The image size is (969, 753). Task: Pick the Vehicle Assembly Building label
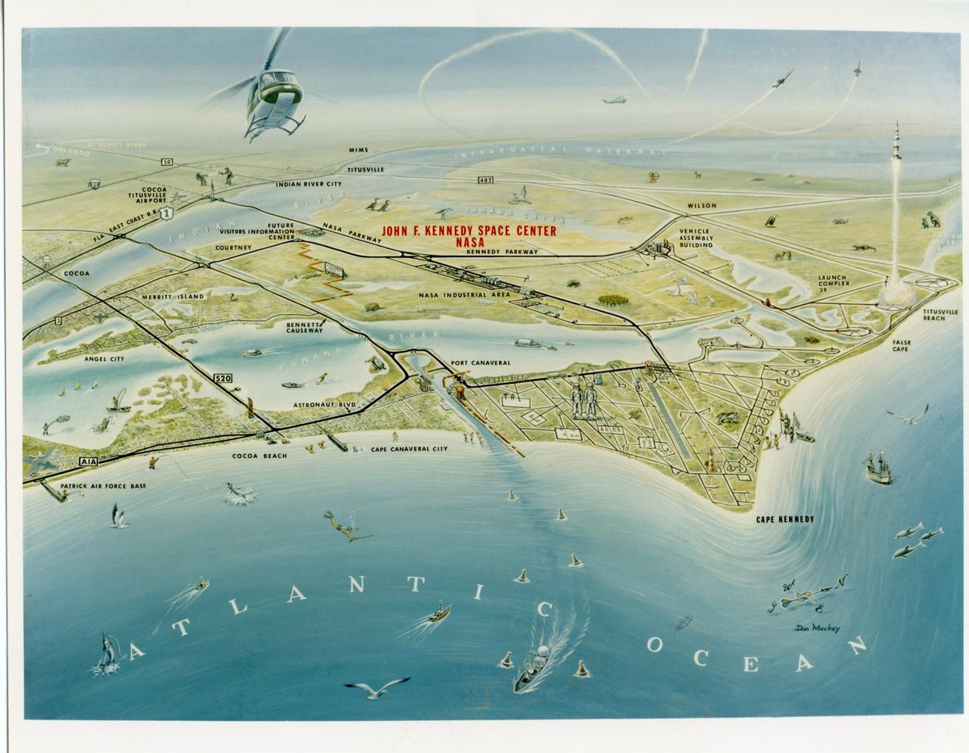(696, 238)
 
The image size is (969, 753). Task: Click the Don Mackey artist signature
(818, 627)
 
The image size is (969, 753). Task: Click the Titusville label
(366, 169)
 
